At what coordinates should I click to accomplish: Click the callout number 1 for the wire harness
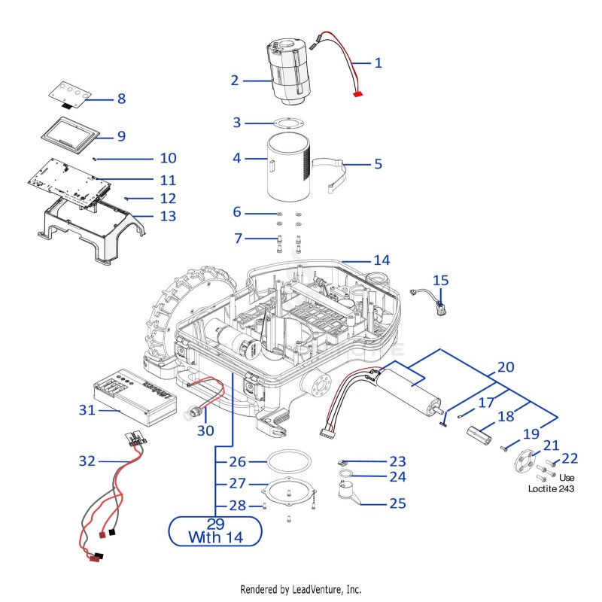point(379,62)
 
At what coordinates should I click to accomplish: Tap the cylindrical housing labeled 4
point(288,166)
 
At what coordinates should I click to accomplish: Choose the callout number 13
point(168,216)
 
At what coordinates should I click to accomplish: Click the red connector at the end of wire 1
point(358,93)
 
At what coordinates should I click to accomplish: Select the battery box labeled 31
point(135,398)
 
